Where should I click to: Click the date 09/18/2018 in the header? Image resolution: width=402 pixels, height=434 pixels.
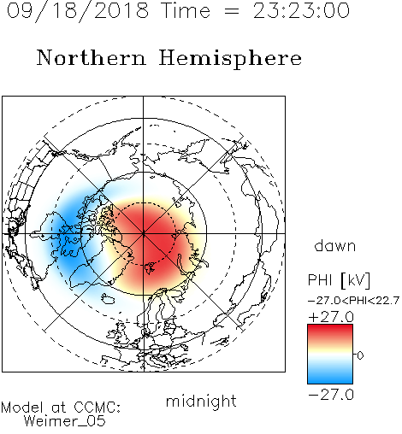click(x=78, y=11)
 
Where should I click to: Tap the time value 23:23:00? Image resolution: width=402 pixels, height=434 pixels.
click(x=301, y=10)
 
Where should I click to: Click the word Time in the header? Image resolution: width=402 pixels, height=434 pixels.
click(x=186, y=10)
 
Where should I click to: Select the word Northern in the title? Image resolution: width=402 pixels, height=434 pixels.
click(x=92, y=58)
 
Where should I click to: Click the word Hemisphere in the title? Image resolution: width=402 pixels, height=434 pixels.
click(x=230, y=59)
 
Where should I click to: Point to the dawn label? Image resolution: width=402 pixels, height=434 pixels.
click(x=335, y=245)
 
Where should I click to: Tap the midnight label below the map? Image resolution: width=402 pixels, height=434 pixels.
click(x=201, y=402)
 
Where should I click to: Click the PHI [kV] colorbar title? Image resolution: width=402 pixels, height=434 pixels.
click(x=340, y=280)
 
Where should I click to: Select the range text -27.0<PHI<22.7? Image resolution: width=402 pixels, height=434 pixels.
click(x=353, y=301)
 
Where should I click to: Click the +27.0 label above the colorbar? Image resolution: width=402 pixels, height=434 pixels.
click(x=331, y=317)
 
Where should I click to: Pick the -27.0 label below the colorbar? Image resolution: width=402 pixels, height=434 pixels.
click(x=331, y=395)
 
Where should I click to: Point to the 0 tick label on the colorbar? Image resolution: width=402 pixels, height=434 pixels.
click(x=360, y=355)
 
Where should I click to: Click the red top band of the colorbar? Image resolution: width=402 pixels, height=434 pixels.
click(x=330, y=331)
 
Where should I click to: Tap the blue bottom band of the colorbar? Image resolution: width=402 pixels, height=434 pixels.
click(x=330, y=378)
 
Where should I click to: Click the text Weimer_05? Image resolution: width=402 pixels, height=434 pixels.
click(x=65, y=421)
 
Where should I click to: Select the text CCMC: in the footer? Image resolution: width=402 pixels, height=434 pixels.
click(x=98, y=408)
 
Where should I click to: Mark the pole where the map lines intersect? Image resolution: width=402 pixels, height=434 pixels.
click(x=144, y=233)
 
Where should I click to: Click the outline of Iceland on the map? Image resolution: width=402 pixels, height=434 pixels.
click(x=108, y=299)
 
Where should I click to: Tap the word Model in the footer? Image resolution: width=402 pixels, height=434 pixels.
click(x=22, y=408)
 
